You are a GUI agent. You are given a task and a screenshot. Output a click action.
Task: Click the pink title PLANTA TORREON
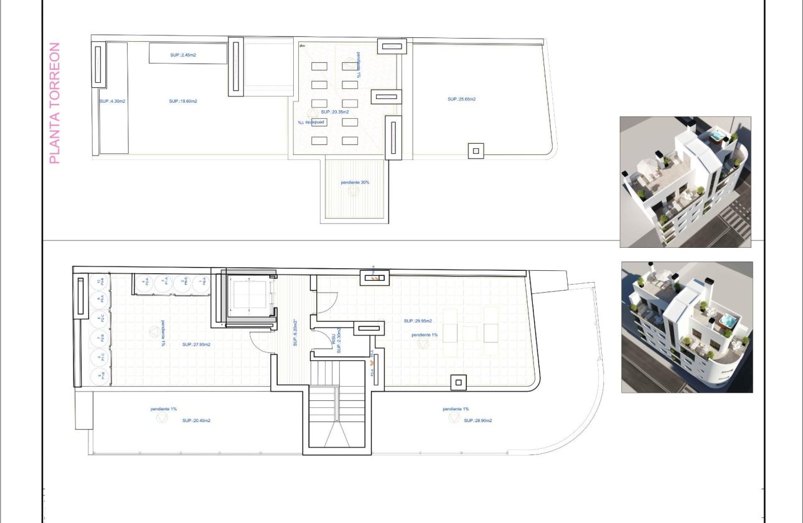(x=55, y=103)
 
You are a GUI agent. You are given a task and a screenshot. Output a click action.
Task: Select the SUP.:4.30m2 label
(x=112, y=101)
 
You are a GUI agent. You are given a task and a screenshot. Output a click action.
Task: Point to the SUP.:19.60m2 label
(x=182, y=101)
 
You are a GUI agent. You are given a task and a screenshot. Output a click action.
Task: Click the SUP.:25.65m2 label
(x=461, y=99)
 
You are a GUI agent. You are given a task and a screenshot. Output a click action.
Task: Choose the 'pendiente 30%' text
(x=355, y=182)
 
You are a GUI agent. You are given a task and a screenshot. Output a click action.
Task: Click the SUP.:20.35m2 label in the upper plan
(x=334, y=112)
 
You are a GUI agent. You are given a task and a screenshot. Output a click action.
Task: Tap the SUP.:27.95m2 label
(x=195, y=344)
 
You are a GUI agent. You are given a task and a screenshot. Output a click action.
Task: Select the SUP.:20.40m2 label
(x=196, y=421)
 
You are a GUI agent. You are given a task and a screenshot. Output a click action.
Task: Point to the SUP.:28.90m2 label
(x=478, y=421)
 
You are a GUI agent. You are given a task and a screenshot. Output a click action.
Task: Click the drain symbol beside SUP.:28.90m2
(x=454, y=420)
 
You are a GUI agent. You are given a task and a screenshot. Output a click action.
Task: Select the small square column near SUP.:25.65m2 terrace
(x=476, y=150)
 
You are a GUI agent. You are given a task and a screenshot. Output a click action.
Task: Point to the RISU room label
(x=336, y=342)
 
